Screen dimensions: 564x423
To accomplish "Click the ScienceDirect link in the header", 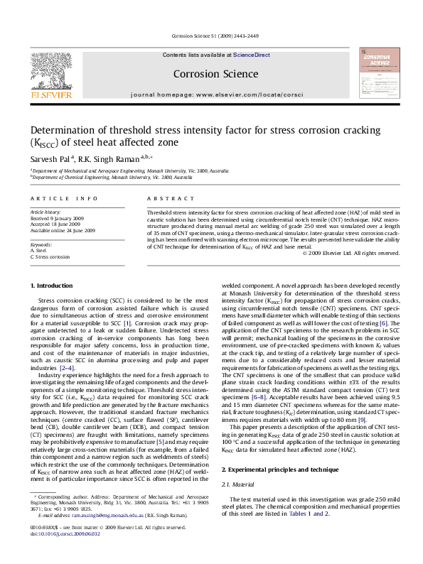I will [252, 55].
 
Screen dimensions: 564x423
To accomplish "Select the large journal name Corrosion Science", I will [215, 74].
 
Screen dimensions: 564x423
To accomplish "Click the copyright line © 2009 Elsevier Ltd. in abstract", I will [351, 252].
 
